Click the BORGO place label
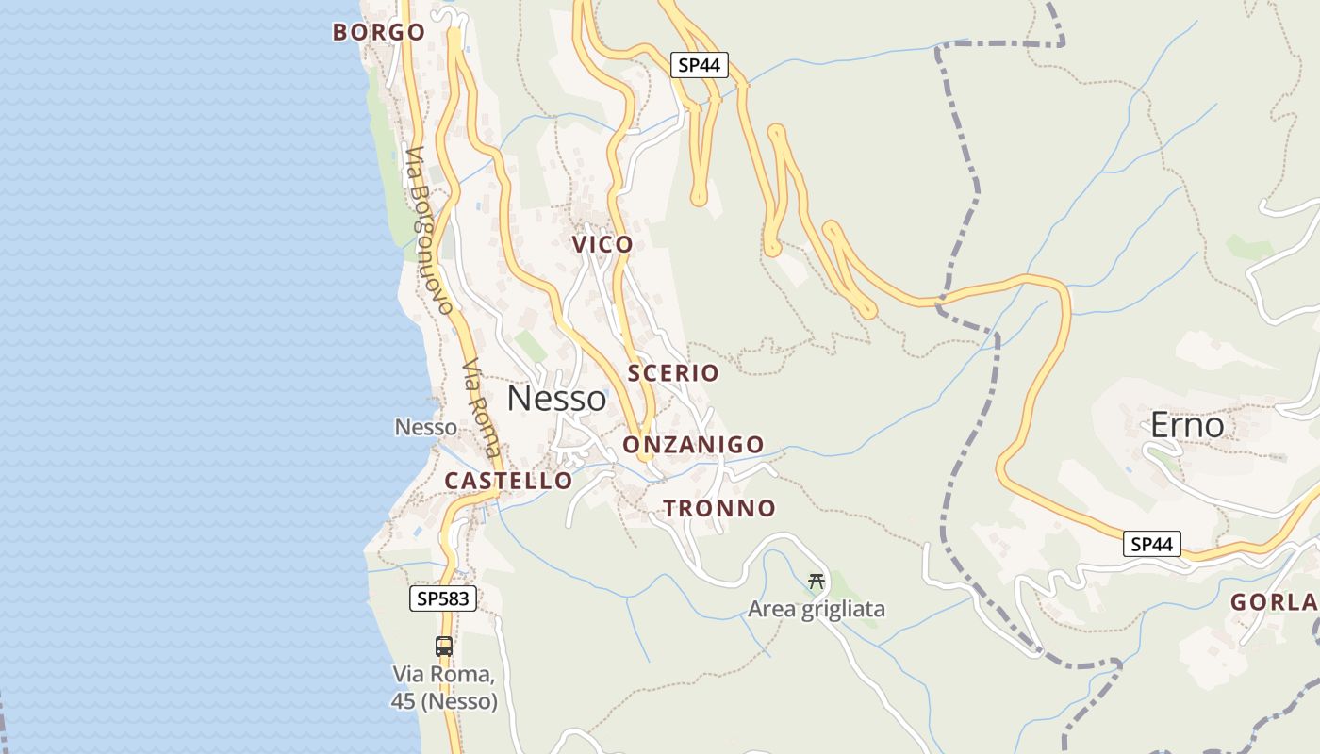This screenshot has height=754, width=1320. click(379, 32)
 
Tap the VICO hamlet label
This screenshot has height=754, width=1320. click(602, 245)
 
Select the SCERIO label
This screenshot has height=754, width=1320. click(673, 373)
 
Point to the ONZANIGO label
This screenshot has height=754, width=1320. click(693, 445)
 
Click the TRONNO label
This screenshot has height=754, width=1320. click(719, 509)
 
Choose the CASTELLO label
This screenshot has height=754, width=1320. click(508, 481)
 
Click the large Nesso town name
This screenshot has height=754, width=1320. click(556, 399)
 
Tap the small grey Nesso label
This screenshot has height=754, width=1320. click(425, 428)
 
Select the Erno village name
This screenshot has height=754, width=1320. click(1187, 425)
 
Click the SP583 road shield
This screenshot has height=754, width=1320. click(443, 598)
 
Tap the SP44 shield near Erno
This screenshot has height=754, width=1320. click(1151, 544)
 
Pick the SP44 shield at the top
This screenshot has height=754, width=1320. click(700, 65)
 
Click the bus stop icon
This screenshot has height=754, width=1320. click(444, 647)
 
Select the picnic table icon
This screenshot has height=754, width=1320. click(817, 582)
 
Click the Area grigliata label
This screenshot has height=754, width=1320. click(817, 610)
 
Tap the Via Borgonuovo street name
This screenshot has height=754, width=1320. click(431, 230)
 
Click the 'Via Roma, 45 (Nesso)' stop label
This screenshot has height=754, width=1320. click(444, 688)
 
